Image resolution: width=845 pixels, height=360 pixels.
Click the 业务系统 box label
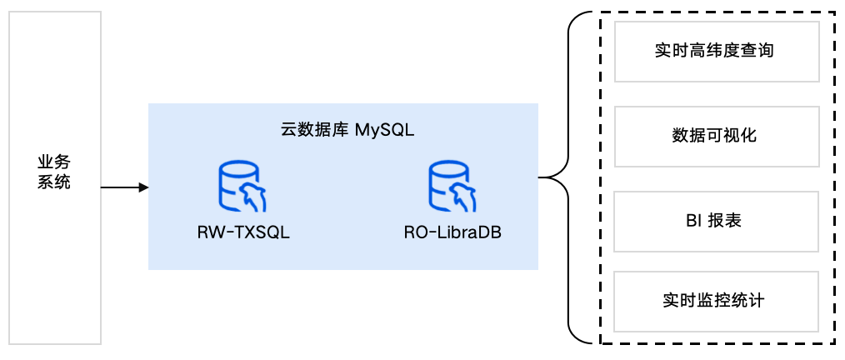[54, 172]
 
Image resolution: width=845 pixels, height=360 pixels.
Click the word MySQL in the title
[384, 130]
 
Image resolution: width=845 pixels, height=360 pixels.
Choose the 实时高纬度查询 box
[715, 52]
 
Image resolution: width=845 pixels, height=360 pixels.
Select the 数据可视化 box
[715, 135]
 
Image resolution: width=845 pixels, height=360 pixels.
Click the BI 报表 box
[715, 221]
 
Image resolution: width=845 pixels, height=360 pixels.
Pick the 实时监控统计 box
[715, 300]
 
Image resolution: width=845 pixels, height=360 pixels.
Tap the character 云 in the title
[288, 130]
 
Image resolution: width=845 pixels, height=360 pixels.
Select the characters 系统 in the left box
[54, 182]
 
